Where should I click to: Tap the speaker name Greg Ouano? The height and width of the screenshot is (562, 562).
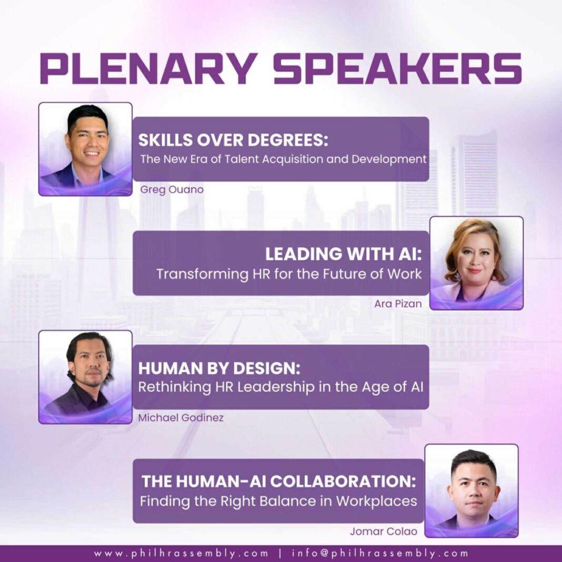(172, 189)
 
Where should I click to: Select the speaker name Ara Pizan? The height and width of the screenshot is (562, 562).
(398, 304)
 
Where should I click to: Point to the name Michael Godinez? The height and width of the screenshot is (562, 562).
(181, 418)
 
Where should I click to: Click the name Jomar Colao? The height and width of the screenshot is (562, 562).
(384, 531)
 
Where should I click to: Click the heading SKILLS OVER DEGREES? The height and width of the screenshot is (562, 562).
(233, 140)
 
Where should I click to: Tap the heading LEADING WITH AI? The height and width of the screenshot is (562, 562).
(344, 254)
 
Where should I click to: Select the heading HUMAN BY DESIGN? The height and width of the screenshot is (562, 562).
(219, 368)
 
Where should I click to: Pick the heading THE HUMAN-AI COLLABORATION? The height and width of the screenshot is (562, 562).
(279, 481)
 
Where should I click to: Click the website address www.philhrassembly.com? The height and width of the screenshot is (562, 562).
(181, 554)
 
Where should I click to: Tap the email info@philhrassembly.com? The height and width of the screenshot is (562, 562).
(380, 554)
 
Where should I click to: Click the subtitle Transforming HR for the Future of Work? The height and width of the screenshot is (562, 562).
(289, 274)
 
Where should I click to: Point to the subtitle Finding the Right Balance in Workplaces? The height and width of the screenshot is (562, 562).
(278, 501)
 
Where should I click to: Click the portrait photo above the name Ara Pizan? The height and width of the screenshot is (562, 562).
(476, 263)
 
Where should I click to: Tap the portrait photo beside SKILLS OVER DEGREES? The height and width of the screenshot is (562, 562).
(85, 149)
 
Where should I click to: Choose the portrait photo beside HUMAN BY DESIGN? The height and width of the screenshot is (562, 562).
(85, 377)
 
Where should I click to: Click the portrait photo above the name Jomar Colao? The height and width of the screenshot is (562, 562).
(471, 491)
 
